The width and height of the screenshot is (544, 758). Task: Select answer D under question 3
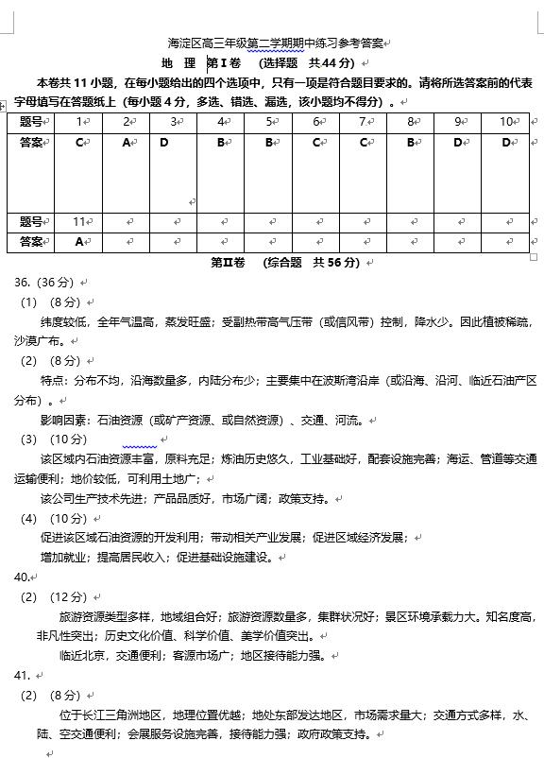click(x=164, y=143)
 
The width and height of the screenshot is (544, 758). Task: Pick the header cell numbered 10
click(x=506, y=122)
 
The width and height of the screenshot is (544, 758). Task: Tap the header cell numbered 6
click(x=318, y=122)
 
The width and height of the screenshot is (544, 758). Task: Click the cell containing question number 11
click(x=80, y=222)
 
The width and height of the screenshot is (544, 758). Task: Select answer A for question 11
click(x=80, y=242)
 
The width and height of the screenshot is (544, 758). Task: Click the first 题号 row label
click(x=31, y=122)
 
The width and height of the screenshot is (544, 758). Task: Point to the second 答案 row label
click(x=31, y=242)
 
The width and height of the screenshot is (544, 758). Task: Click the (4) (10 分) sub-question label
click(x=54, y=518)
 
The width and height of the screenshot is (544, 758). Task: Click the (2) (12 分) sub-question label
click(x=54, y=596)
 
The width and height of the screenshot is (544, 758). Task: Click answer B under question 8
click(x=412, y=143)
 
